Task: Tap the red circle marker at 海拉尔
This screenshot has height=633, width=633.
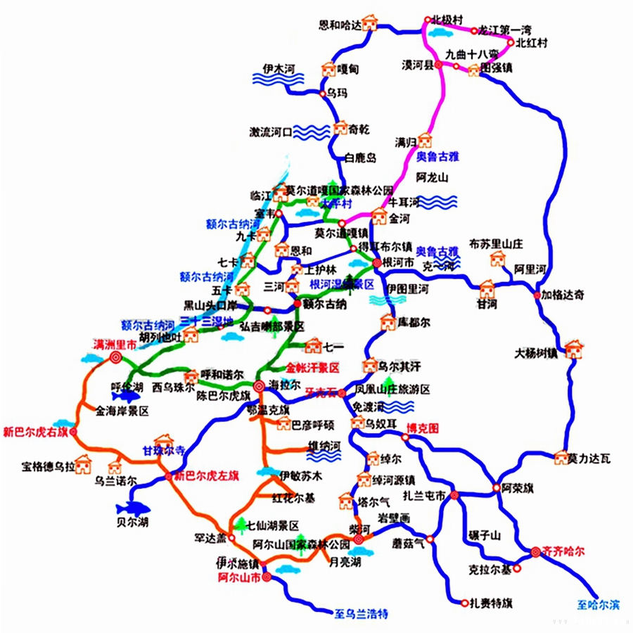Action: coord(258,385)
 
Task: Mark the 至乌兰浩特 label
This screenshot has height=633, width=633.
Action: coord(362,613)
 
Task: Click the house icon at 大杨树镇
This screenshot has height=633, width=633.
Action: coord(573,348)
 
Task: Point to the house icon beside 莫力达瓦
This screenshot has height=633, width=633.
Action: coord(561,459)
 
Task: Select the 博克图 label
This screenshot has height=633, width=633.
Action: coord(423,428)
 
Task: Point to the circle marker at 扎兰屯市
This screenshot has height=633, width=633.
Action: coord(455,495)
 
